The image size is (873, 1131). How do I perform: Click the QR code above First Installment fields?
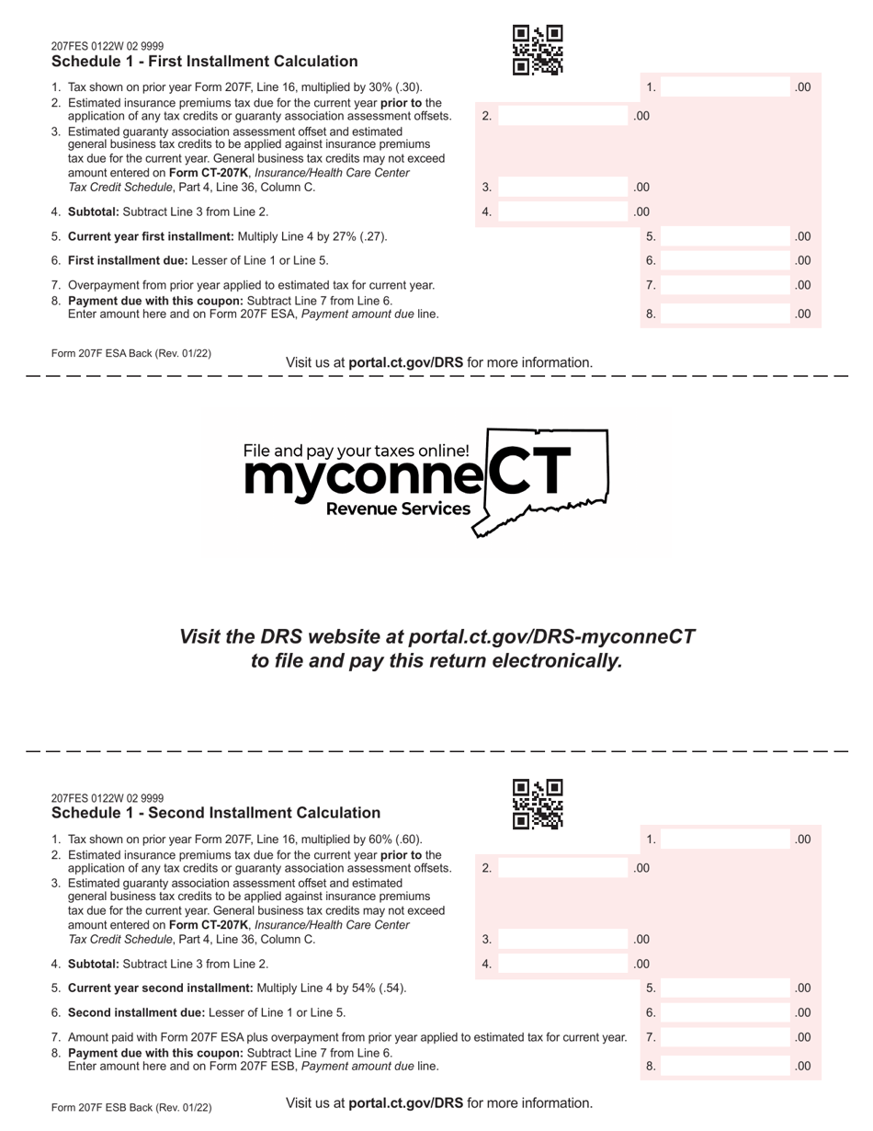click(538, 50)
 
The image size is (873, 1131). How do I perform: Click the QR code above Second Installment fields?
click(538, 804)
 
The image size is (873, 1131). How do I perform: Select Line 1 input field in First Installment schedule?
click(726, 87)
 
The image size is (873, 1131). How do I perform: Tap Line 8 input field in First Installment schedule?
click(726, 314)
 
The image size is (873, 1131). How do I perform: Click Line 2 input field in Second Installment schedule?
click(563, 868)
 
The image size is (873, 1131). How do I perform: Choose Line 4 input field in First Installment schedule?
click(563, 211)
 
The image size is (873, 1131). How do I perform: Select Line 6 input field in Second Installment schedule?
click(726, 1012)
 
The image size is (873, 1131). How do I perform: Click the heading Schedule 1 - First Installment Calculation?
click(205, 62)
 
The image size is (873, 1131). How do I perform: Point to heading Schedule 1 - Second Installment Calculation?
click(216, 813)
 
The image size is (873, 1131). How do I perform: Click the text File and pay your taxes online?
click(356, 451)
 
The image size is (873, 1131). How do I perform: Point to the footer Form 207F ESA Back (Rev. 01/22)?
click(131, 353)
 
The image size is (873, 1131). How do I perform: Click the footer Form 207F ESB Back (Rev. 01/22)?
click(131, 1108)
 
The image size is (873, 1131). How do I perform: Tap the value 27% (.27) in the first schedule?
click(358, 236)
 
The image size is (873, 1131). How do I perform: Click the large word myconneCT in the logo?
click(404, 476)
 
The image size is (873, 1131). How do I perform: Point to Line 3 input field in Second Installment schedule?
click(563, 940)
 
